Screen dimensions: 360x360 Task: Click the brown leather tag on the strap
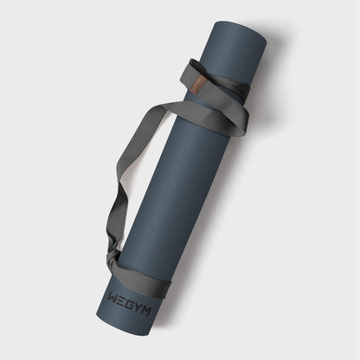pos(198,82)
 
